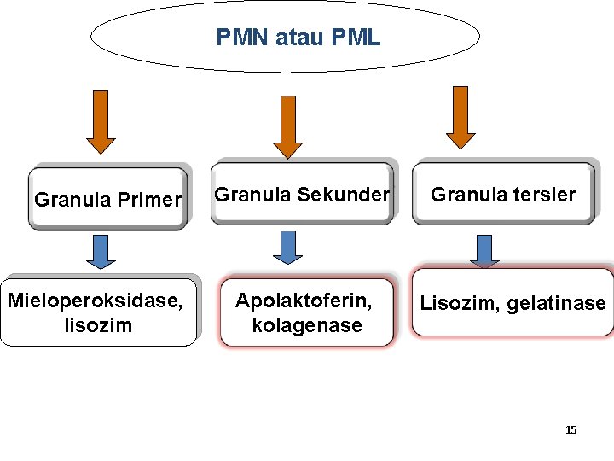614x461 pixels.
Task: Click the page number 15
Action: point(571,429)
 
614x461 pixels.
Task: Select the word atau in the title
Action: point(301,38)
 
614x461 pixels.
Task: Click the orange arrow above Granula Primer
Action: point(101,121)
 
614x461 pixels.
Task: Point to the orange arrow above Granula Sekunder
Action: point(287,125)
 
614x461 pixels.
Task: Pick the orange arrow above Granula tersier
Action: point(460,117)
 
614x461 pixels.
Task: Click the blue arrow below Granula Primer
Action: point(102,252)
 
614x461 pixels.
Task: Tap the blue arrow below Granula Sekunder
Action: point(287,247)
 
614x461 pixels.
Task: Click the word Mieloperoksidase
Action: point(94,301)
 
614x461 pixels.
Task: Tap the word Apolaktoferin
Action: point(304,301)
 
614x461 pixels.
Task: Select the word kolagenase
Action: point(307,325)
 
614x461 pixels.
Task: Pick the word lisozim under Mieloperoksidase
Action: point(97,325)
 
